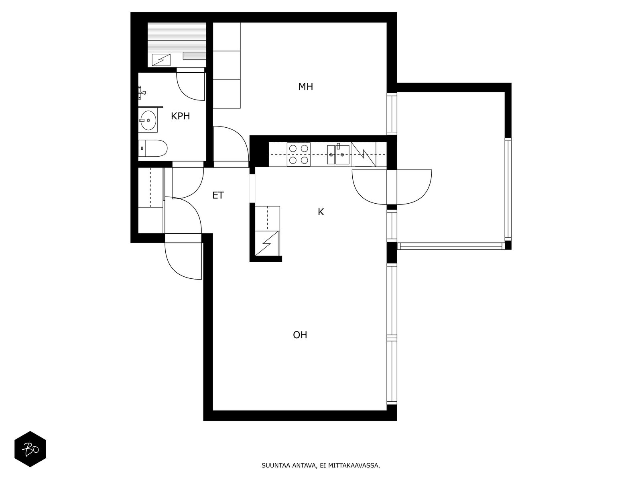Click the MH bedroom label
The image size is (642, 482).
(305, 87)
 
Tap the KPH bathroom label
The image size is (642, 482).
(181, 116)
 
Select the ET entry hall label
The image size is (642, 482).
(218, 195)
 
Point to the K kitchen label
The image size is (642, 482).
(321, 212)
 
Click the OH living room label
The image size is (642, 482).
(300, 335)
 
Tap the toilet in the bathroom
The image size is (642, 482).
(153, 148)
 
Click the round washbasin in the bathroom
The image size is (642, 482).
(148, 120)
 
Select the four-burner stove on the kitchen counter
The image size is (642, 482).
(299, 154)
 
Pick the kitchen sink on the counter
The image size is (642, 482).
(338, 154)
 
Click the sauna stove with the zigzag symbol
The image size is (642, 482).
(161, 60)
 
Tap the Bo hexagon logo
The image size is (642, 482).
(30, 449)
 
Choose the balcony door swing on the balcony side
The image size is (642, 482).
(424, 194)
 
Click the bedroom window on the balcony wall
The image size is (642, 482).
(392, 114)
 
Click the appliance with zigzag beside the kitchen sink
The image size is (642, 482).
(364, 154)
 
